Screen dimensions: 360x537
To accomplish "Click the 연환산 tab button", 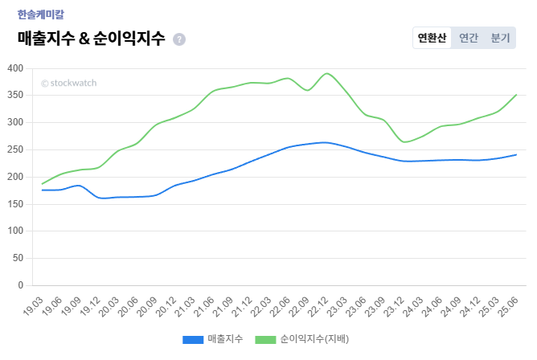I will [x=432, y=38].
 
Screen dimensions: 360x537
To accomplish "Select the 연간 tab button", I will [x=469, y=38].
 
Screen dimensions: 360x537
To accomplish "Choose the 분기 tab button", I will [x=500, y=38].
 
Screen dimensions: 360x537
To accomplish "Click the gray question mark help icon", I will [x=179, y=39].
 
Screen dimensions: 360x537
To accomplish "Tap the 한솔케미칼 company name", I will [x=40, y=14].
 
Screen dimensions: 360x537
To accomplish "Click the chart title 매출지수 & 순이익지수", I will [x=91, y=38].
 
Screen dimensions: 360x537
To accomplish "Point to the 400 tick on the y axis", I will [x=14, y=68].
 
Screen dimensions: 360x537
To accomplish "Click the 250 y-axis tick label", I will [x=14, y=149].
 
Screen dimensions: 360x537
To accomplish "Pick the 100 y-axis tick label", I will [x=14, y=231].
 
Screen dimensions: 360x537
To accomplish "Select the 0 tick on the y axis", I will [x=21, y=285].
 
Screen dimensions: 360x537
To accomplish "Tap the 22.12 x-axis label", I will [x=320, y=306].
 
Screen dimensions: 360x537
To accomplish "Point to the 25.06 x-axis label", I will [x=509, y=306].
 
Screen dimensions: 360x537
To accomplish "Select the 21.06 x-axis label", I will [x=207, y=306].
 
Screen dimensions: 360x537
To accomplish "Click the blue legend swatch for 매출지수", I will [x=193, y=339].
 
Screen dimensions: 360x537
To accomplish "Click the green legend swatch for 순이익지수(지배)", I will [x=265, y=339].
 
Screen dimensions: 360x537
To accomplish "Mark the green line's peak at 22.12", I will [x=326, y=73].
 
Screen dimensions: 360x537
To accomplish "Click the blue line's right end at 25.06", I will [x=515, y=154].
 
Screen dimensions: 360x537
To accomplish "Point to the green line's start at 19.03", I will [x=42, y=184].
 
